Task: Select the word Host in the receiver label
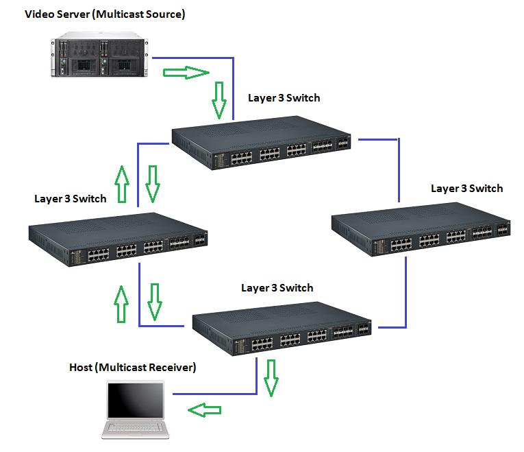click(82, 368)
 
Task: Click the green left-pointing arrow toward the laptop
click(205, 410)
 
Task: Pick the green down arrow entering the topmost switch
click(219, 99)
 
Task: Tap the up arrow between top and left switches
click(122, 184)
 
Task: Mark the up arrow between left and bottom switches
click(122, 304)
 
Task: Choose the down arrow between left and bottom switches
click(155, 302)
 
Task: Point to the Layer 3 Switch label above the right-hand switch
click(466, 189)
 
